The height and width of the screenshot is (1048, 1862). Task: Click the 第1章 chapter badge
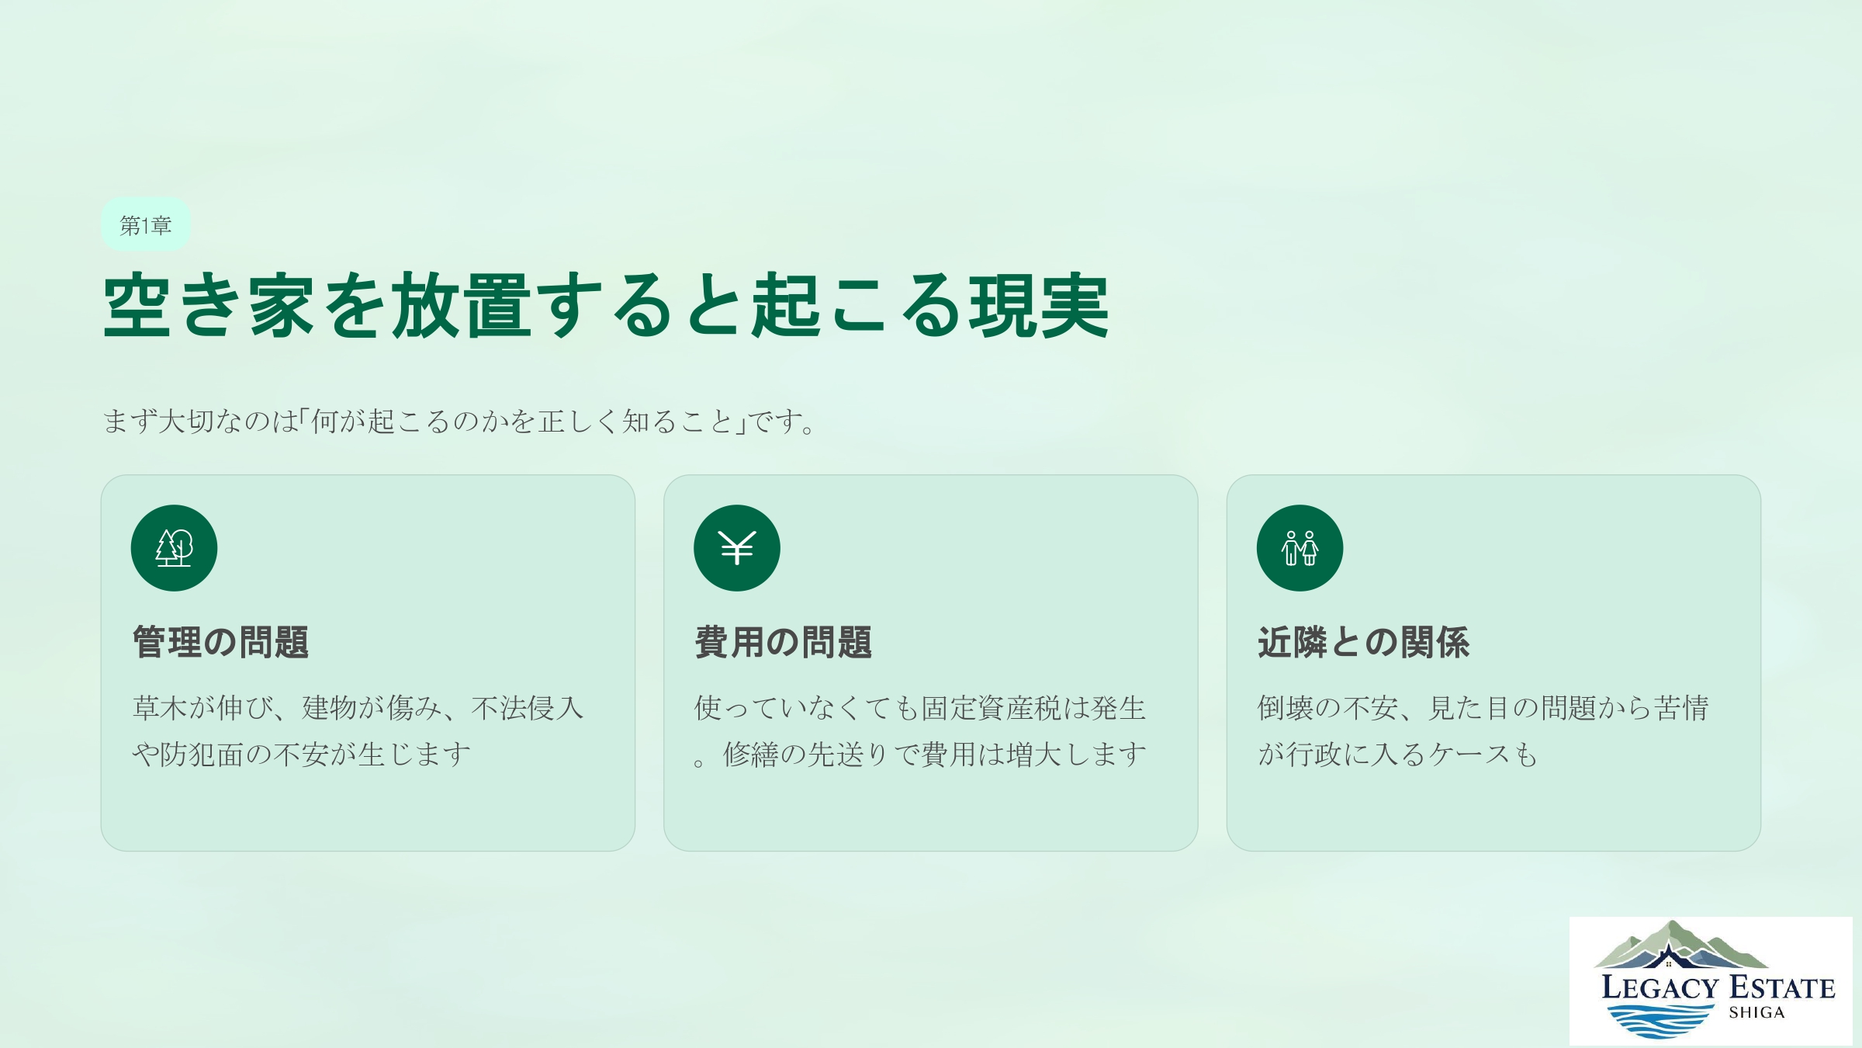145,225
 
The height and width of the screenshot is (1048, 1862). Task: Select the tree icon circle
174,548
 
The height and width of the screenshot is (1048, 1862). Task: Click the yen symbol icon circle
736,548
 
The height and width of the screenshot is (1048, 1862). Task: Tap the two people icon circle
1300,548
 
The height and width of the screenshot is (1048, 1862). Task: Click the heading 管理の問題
220,643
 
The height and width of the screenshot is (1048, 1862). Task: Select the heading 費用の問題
783,643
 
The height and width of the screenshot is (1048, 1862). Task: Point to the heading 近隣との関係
1363,643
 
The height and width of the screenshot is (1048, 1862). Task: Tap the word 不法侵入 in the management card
528,708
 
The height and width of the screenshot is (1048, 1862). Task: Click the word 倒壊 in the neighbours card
1286,708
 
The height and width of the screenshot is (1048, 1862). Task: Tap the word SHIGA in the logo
1756,1012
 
